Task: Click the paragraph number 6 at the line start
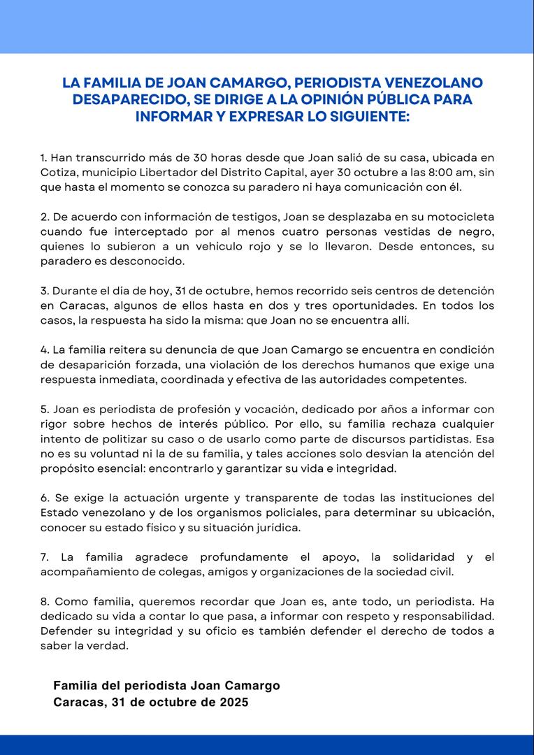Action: [x=44, y=498]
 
